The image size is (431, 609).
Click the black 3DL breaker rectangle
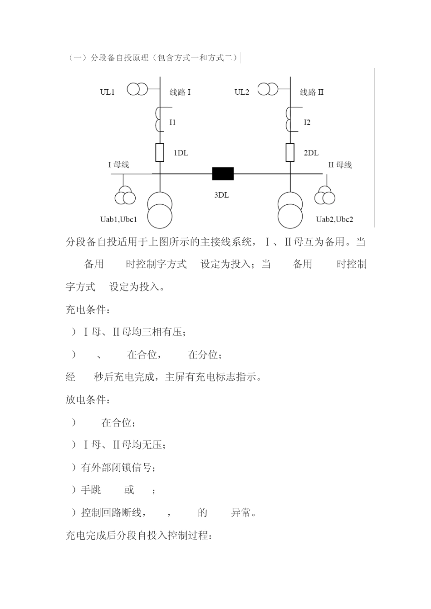pos(223,174)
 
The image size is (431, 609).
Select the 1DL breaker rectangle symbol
pos(160,153)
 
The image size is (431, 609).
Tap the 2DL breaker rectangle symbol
pos(290,153)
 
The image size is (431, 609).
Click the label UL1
pos(108,92)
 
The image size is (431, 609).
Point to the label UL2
pos(242,92)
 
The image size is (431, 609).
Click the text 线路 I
pos(180,92)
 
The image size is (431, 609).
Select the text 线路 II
pos(312,92)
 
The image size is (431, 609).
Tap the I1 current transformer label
pos(172,122)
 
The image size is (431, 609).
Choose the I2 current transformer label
pos(307,122)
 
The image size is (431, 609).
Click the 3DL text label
pos(222,195)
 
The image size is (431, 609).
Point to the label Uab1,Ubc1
pos(118,220)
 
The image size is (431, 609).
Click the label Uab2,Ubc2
pos(334,220)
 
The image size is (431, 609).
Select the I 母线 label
pos(118,164)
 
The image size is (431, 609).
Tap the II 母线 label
pos(340,165)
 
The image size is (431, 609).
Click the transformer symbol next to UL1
pos(137,89)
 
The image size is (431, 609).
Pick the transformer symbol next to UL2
pos(268,89)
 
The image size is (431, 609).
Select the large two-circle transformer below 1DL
pos(160,210)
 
